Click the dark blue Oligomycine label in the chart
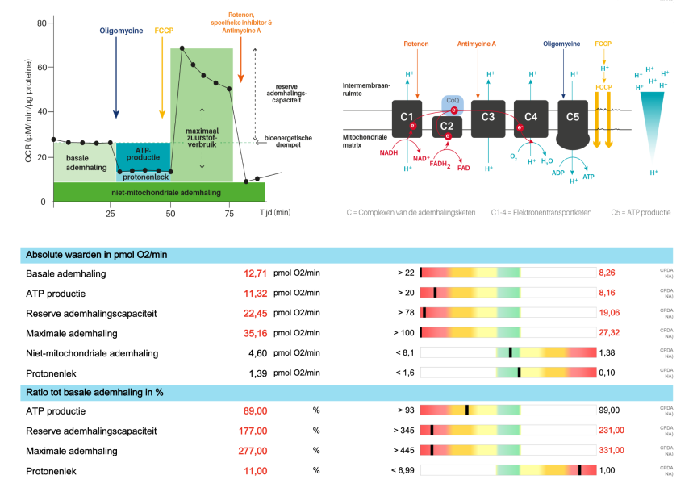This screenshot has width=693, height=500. pos(121,31)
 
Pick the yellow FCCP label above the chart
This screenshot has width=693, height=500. pos(164,31)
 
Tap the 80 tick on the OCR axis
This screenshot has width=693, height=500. pos(40,23)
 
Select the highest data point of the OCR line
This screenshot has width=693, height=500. pos(182,48)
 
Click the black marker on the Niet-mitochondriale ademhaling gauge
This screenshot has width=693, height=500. pos(510,352)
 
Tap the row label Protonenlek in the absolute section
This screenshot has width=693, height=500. pos(53,372)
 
